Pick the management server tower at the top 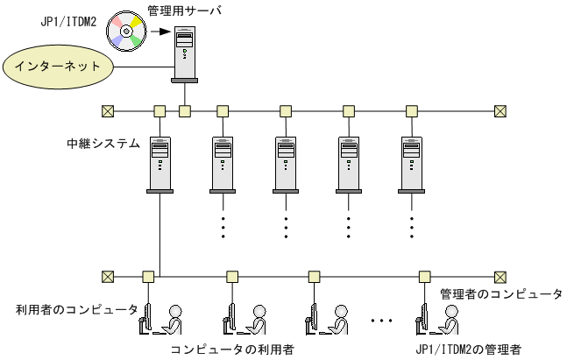pyautogui.click(x=184, y=52)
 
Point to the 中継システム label pyautogui.click(x=104, y=143)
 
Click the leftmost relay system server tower pyautogui.click(x=159, y=163)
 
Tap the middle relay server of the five pyautogui.click(x=286, y=163)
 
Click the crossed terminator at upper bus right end pyautogui.click(x=500, y=111)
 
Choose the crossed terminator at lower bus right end pyautogui.click(x=500, y=275)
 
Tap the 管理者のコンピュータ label pyautogui.click(x=500, y=294)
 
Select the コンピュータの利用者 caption pyautogui.click(x=231, y=350)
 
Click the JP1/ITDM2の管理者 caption pyautogui.click(x=468, y=350)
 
